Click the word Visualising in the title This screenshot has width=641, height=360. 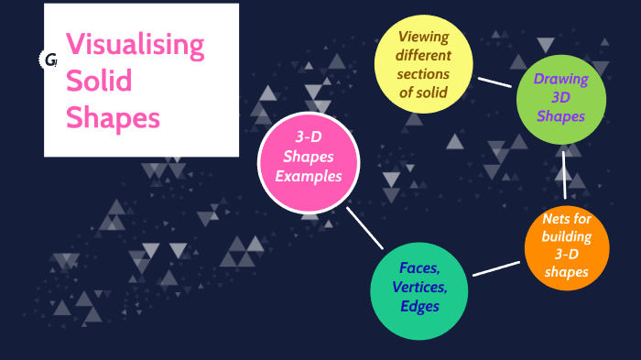pyautogui.click(x=135, y=44)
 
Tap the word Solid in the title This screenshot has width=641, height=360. pyautogui.click(x=99, y=81)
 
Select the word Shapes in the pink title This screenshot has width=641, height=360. pyautogui.click(x=114, y=117)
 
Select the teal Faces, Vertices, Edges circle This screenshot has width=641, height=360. pyautogui.click(x=419, y=289)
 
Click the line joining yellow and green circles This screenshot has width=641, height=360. pyautogui.click(x=494, y=82)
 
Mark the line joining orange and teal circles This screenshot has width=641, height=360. pyautogui.click(x=495, y=268)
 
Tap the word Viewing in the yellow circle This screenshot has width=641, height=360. pyautogui.click(x=422, y=36)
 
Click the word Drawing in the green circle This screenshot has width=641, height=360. pyautogui.click(x=560, y=79)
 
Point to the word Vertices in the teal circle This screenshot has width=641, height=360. pyautogui.click(x=419, y=288)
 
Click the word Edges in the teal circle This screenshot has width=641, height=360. pyautogui.click(x=419, y=307)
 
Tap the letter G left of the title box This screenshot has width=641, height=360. pyautogui.click(x=50, y=60)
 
